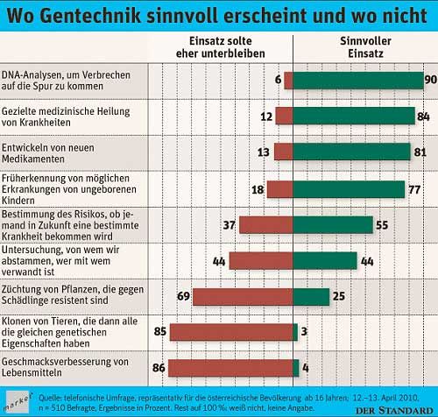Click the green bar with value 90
pyautogui.click(x=357, y=80)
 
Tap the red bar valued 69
pyautogui.click(x=243, y=297)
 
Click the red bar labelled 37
pyautogui.click(x=266, y=224)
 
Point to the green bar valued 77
pyautogui.click(x=349, y=188)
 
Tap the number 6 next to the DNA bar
pyautogui.click(x=278, y=80)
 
